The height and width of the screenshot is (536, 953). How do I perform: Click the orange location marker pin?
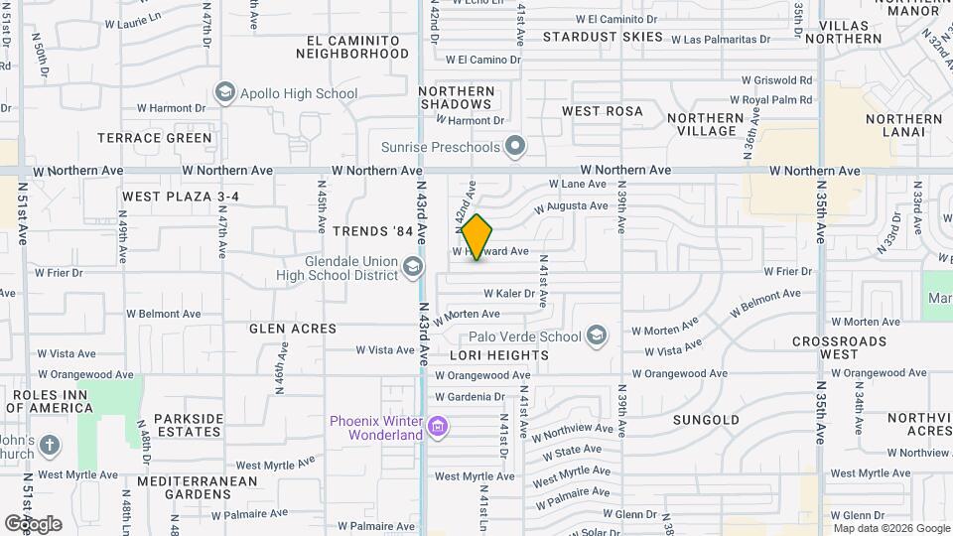477,237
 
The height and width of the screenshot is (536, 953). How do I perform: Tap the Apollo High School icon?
225,93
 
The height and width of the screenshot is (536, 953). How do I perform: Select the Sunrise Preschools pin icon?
514,148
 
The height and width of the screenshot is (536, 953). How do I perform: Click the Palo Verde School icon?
597,336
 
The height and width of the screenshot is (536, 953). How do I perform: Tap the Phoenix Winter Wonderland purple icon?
438,428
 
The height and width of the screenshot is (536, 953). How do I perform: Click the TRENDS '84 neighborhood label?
373,231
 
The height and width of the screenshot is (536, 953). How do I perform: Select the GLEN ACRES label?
293,329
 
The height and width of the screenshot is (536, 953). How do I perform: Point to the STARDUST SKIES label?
603,37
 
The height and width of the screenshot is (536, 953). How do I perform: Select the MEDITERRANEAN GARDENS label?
198,487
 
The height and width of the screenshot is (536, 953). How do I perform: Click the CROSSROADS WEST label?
839,347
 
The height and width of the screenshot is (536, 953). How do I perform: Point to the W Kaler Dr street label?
509,294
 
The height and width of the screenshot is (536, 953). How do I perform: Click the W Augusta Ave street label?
571,206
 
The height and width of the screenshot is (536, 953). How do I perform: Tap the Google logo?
33,523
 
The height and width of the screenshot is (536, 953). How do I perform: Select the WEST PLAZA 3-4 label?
181,197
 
